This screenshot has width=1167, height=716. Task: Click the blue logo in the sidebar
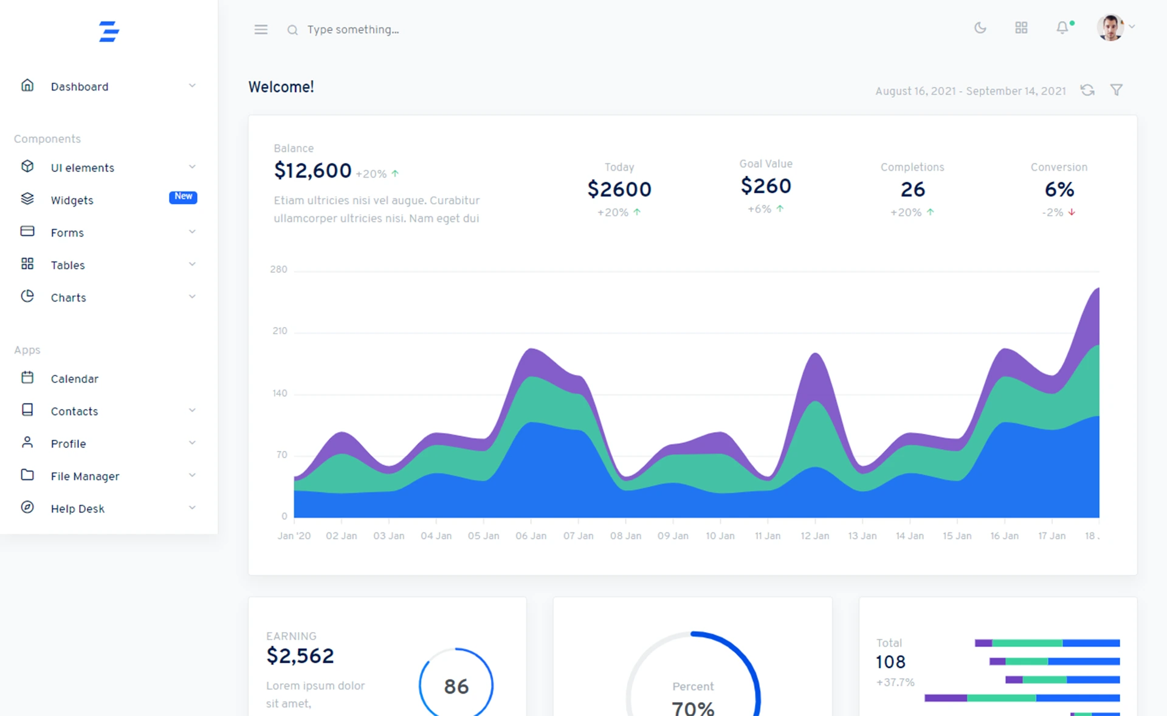(109, 31)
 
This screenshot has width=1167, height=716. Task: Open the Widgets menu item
(72, 200)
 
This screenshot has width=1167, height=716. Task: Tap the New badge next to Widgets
(183, 196)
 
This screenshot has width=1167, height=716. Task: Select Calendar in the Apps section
(74, 379)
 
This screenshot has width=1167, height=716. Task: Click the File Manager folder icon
(27, 475)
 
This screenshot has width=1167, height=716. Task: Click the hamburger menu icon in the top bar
(261, 29)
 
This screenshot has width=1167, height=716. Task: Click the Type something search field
(353, 29)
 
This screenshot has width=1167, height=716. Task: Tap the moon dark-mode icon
(980, 28)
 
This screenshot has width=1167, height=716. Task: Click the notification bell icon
(1062, 28)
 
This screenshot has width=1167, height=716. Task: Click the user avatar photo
(1110, 27)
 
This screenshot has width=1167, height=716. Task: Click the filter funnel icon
(1117, 90)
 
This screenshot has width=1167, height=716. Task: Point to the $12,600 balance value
(312, 171)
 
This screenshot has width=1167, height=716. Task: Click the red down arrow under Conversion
(1072, 212)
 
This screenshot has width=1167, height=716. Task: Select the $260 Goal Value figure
(765, 186)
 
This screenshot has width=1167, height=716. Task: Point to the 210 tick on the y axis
(280, 331)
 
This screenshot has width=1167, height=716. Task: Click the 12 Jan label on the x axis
(814, 535)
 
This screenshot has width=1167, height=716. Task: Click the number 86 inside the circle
(456, 686)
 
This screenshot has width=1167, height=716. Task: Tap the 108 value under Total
(890, 662)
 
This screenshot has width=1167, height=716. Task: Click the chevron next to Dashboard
(192, 86)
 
